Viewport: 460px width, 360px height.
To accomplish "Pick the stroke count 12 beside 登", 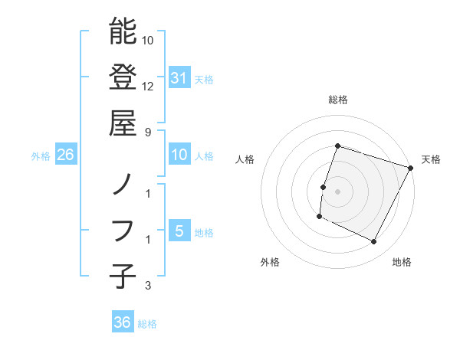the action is point(149,86).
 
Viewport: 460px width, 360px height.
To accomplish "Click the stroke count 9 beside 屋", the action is point(149,131).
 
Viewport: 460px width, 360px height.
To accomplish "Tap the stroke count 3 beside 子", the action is point(149,286).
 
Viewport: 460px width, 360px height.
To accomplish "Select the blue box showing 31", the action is point(179,78).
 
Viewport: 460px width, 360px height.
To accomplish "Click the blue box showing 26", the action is point(66,155).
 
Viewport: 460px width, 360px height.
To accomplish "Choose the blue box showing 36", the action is point(123,323).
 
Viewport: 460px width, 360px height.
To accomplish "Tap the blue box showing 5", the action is point(179,231).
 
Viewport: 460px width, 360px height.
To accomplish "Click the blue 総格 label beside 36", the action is point(147,324).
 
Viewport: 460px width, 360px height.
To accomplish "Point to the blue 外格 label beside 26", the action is point(41,156).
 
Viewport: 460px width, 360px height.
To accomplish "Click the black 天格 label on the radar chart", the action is point(431,159).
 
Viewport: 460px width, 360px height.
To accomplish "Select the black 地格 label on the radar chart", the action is point(402,263).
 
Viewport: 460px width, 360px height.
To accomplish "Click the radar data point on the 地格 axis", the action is point(374,242).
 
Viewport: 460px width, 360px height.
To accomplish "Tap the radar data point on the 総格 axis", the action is point(337,146).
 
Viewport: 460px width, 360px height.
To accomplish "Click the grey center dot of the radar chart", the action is point(337,191).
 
